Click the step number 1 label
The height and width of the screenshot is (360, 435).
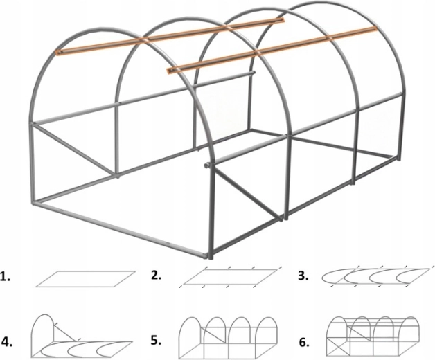pos(6,278)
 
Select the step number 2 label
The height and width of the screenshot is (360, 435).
pos(156,275)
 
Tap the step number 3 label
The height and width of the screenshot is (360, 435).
pos(303,276)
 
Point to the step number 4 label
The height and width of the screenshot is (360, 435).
pos(7,342)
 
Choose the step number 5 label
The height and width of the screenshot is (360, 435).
pos(156,341)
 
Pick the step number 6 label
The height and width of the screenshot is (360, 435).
pos(304,342)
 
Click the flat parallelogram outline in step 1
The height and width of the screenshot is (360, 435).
pos(86,279)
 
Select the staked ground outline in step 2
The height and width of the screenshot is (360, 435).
pos(230,277)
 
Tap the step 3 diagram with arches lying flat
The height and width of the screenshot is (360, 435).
pos(378,277)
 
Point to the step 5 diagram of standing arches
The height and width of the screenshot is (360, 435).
pos(229,338)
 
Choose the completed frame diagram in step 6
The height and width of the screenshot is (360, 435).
pos(373,336)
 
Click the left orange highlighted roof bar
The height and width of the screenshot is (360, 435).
pos(170,35)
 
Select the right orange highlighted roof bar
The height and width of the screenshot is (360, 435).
pos(272,50)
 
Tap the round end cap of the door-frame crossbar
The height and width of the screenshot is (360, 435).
pos(206,165)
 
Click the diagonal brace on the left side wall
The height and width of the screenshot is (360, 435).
pos(74,150)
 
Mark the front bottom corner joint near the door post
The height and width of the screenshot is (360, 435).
pos(208,255)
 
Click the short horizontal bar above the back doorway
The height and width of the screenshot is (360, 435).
pos(224,79)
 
